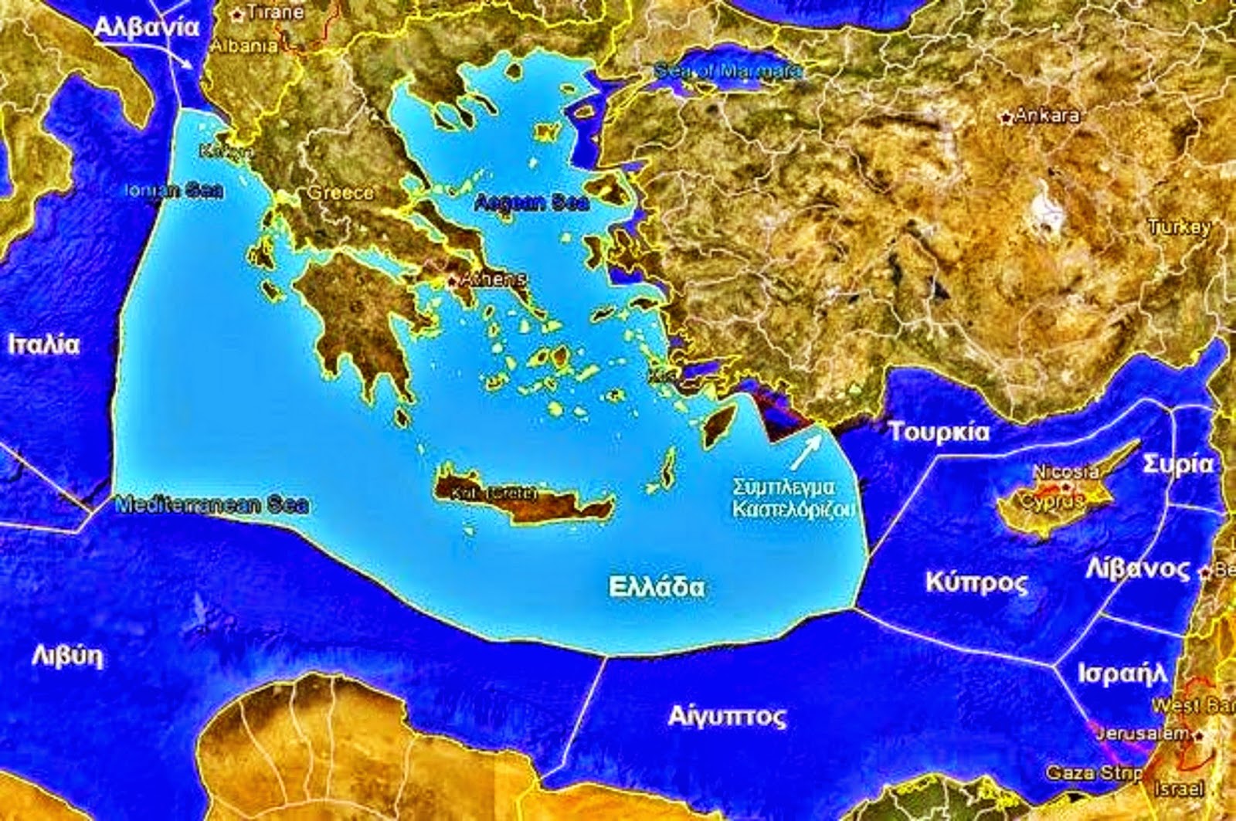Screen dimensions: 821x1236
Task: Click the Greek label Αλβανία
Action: (147, 27)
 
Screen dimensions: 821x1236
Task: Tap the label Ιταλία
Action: (44, 344)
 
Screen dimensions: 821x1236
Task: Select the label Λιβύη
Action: (67, 656)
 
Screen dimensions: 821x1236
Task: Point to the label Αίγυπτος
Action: (727, 716)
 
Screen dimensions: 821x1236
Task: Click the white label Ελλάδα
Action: (657, 587)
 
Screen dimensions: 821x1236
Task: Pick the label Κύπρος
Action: (976, 582)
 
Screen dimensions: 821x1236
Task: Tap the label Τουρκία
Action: (939, 432)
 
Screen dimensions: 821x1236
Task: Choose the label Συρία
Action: (1178, 464)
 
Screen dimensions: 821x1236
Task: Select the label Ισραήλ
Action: (1122, 673)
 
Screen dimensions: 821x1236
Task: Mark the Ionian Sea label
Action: (176, 190)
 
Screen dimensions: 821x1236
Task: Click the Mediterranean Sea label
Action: (212, 505)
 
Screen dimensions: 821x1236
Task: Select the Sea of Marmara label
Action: (728, 71)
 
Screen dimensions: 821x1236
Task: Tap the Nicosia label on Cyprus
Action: (1066, 471)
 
